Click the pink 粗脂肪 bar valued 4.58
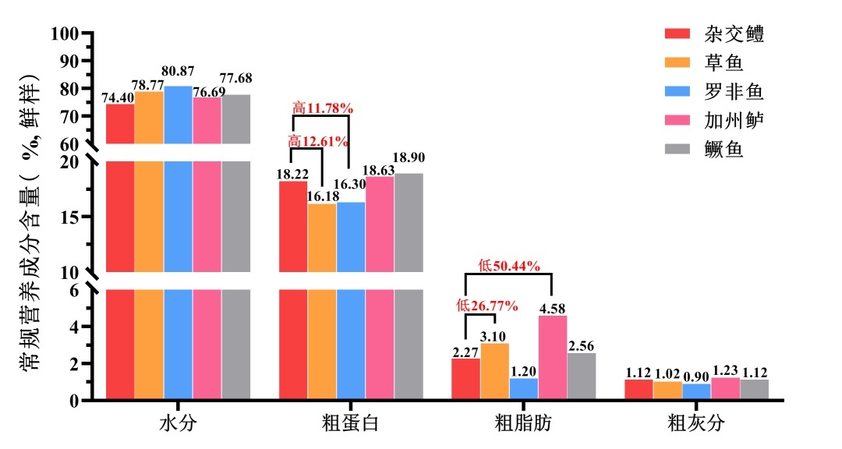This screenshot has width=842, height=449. [552, 358]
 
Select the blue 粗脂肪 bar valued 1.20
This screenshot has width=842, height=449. [523, 389]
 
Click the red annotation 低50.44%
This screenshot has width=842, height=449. [509, 266]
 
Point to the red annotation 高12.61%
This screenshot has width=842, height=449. [317, 141]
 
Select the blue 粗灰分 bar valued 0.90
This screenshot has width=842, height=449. [696, 392]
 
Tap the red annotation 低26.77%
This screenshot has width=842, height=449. [487, 306]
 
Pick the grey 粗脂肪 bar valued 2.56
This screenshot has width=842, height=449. [581, 377]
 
